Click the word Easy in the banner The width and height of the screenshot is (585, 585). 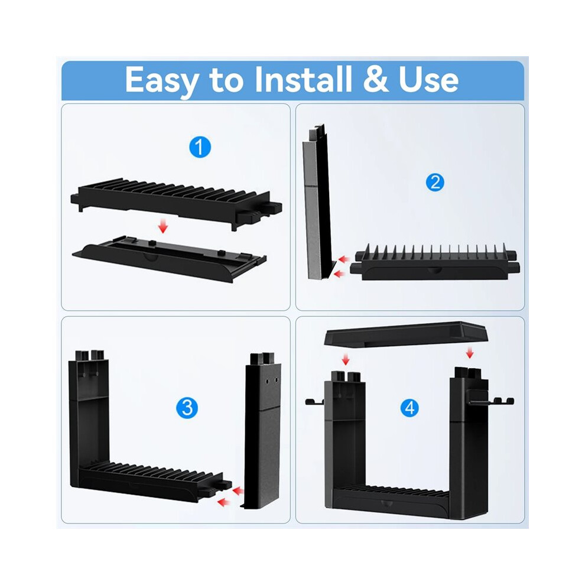click(162, 81)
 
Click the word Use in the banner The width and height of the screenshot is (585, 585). click(428, 79)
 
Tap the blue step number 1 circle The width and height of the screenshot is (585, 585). click(200, 147)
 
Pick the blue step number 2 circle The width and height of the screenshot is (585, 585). click(435, 183)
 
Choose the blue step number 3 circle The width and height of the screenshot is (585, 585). click(187, 408)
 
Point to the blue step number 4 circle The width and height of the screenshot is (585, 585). click(409, 408)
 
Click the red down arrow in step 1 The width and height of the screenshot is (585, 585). click(162, 226)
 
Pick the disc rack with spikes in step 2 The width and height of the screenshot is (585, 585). click(435, 262)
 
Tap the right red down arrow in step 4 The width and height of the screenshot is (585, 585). click(470, 353)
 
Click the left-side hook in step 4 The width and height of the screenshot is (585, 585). click(315, 401)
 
